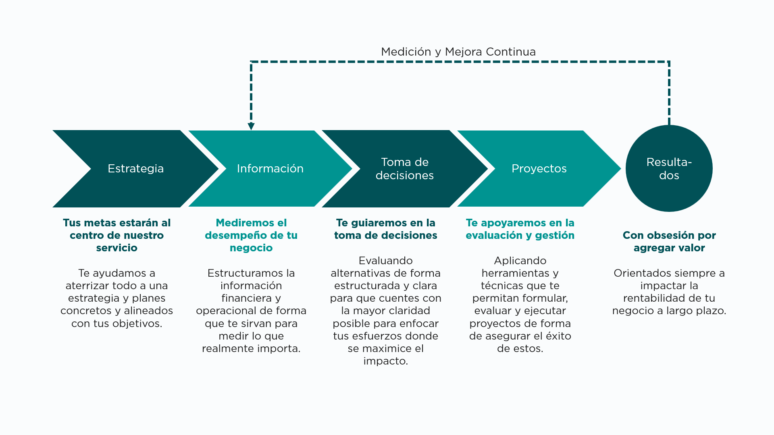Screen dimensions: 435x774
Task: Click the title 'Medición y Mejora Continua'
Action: point(458,52)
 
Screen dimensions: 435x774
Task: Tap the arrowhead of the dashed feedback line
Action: point(251,126)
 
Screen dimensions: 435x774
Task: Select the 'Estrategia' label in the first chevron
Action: point(135,168)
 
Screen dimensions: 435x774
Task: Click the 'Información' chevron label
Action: point(270,168)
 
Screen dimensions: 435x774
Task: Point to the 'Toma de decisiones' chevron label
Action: point(404,169)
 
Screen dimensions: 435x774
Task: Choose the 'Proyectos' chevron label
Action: point(539,168)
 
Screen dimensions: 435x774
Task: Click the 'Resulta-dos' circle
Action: point(669,168)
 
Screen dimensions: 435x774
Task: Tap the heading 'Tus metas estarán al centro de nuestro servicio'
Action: point(117,235)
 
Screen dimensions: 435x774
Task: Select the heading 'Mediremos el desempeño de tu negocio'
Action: point(251,235)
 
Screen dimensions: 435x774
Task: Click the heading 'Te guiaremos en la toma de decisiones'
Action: point(386,229)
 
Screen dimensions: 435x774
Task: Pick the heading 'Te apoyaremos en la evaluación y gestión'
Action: point(520,229)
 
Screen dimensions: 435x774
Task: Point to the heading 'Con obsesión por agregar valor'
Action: point(669,241)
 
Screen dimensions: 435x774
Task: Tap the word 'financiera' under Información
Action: point(246,298)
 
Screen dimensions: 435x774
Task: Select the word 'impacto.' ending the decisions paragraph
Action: point(386,361)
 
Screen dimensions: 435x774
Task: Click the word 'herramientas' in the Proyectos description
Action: point(515,273)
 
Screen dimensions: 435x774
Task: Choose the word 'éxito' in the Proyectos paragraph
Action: point(558,336)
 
